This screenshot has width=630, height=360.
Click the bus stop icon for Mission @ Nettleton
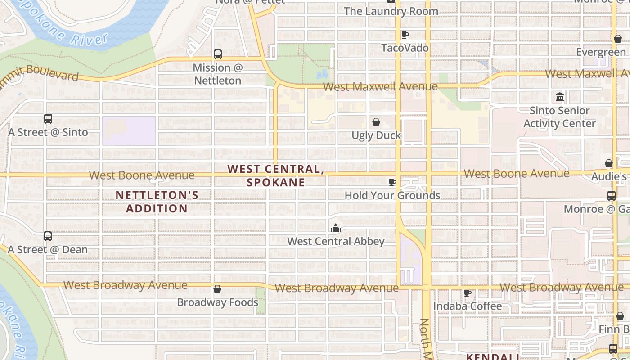point(218,54)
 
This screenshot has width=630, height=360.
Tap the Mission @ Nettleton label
point(218,74)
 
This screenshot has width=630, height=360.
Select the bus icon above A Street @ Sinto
point(48,119)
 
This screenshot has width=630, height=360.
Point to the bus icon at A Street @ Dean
point(48,236)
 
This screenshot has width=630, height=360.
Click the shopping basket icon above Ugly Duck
point(376,122)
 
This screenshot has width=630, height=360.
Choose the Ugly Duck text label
point(376,135)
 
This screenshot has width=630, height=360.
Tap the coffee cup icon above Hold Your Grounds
point(392,182)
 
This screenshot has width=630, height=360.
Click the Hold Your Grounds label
point(392,195)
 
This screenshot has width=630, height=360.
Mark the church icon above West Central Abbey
point(336,229)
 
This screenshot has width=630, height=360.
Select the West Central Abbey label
point(336,241)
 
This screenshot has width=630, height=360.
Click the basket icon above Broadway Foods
point(217,289)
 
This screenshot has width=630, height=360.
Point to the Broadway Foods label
point(217,302)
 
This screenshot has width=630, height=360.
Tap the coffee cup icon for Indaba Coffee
point(468,293)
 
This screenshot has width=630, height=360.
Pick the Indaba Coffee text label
point(468,306)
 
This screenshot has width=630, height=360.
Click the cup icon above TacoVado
point(405,35)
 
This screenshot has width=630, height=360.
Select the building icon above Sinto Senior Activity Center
point(560,97)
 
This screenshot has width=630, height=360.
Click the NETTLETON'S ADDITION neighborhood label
point(157,202)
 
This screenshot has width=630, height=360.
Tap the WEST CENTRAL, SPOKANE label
point(275,175)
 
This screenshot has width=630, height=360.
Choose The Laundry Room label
point(391,11)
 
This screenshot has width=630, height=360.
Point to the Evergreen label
point(601,52)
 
